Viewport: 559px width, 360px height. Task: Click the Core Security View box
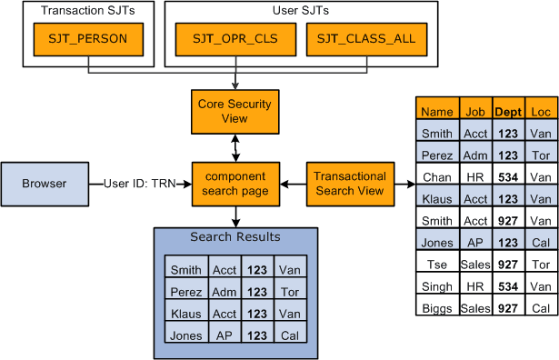click(x=235, y=111)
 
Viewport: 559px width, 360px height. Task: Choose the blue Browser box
click(x=45, y=184)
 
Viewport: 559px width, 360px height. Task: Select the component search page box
click(x=235, y=184)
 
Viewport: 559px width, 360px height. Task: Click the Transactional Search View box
click(x=351, y=184)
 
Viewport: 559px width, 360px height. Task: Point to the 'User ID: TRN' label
click(x=141, y=184)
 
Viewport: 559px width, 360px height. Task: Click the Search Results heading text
click(x=235, y=237)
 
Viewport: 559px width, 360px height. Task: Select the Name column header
click(x=437, y=112)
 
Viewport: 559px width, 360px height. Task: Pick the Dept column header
click(x=508, y=112)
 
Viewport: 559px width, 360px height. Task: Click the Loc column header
click(x=540, y=112)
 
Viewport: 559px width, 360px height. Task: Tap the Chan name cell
click(x=437, y=176)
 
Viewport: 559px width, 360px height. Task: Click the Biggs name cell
click(x=437, y=308)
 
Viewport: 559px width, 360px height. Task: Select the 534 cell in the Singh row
click(x=508, y=286)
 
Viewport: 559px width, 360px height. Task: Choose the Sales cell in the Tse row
click(x=475, y=265)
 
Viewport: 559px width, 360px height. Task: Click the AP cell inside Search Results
click(x=224, y=335)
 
